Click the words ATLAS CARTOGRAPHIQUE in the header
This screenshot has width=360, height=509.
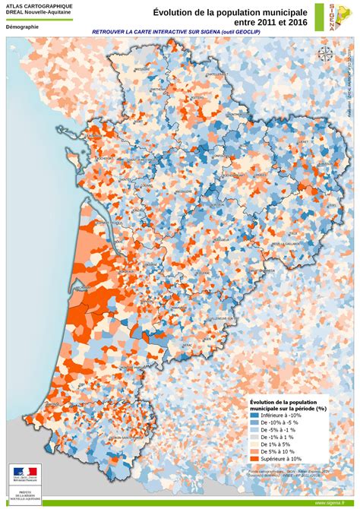tap(39, 6)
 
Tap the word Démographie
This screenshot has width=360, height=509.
tap(22, 27)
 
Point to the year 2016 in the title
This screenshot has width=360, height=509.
tap(296, 22)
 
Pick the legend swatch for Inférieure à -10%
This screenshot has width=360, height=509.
tap(255, 416)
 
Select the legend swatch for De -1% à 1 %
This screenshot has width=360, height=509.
tap(255, 438)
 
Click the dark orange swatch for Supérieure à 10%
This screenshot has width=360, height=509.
tap(255, 459)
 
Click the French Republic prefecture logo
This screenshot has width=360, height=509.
tap(22, 479)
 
